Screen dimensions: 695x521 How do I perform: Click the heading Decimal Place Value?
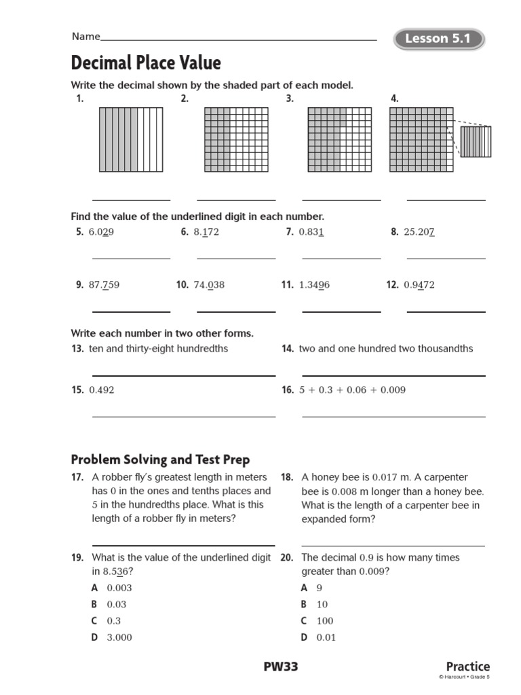(146, 63)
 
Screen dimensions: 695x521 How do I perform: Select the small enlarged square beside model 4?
(476, 141)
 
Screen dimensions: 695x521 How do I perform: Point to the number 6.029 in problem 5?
(101, 232)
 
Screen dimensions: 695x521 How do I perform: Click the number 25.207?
(419, 232)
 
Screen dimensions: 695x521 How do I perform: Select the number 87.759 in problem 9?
(104, 285)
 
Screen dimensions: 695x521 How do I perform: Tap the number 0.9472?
(419, 285)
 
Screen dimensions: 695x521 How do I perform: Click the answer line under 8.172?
(236, 258)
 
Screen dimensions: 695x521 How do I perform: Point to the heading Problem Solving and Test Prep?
(160, 460)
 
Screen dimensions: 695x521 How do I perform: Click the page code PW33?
(281, 666)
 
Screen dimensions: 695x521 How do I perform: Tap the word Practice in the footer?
(467, 666)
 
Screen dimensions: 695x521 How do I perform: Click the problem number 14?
(287, 349)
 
